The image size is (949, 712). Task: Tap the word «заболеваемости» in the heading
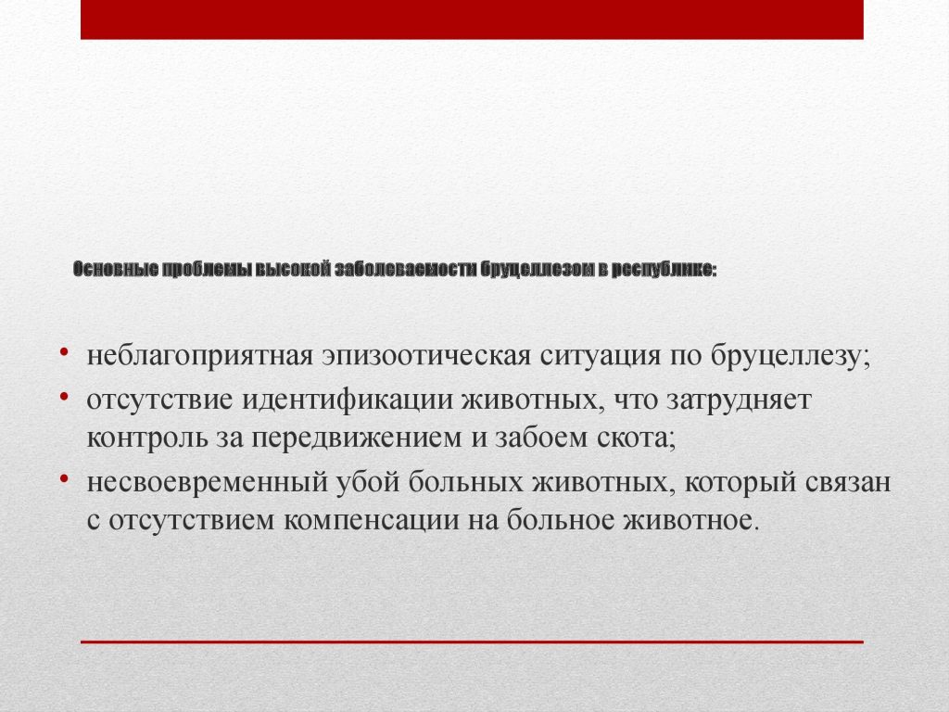pos(406,270)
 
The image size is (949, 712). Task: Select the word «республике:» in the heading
pos(664,270)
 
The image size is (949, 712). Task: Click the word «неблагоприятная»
pos(200,356)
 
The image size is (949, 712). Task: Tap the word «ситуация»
pos(600,356)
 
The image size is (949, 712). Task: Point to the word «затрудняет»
pos(739,400)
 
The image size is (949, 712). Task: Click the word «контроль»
pos(147,438)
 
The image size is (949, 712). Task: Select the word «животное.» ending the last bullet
pos(690,520)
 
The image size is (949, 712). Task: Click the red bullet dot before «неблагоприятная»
pos(64,350)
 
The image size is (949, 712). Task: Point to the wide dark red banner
pos(472,19)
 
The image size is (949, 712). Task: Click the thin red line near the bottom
pos(472,642)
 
